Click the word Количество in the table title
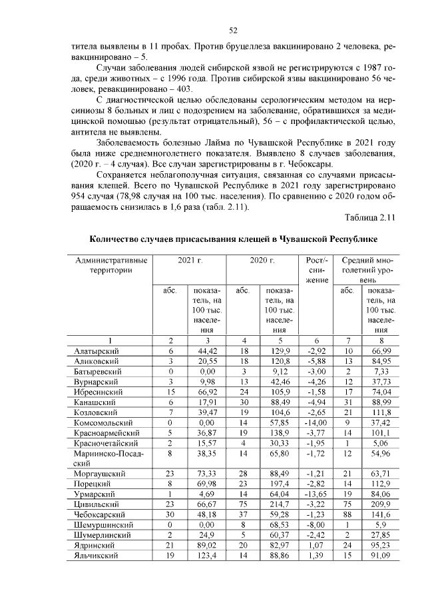click(x=118, y=238)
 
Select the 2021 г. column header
click(x=190, y=260)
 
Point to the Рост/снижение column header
click(x=317, y=270)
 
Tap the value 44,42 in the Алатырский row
click(x=208, y=350)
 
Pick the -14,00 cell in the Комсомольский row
click(x=317, y=422)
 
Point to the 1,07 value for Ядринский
click(x=317, y=544)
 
